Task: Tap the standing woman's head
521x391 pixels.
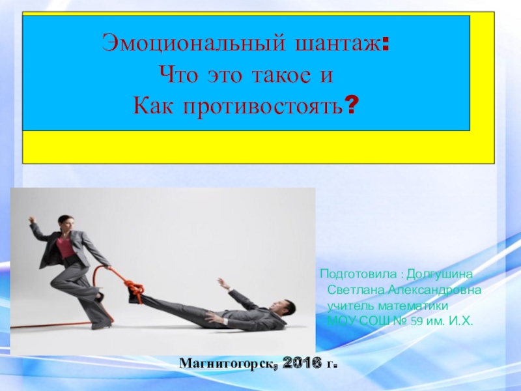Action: [64, 222]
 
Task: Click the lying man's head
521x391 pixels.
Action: [281, 307]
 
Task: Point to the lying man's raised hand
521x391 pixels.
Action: [222, 282]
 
